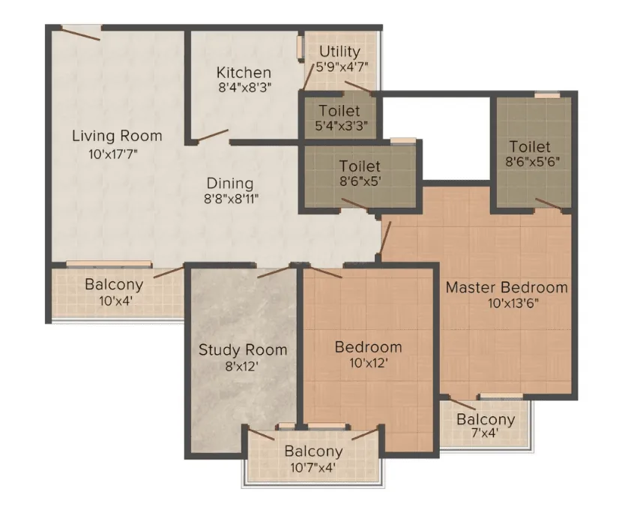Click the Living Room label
tap(117, 136)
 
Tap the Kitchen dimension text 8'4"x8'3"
tap(245, 88)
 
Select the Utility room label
tap(339, 52)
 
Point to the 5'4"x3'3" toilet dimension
tap(341, 126)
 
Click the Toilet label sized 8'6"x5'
tap(360, 166)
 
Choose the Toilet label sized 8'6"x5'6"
tap(530, 147)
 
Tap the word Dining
tap(230, 184)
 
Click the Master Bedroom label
tap(507, 287)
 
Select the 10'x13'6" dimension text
tap(513, 304)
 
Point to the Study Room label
tap(243, 349)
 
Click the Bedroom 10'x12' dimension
tap(369, 364)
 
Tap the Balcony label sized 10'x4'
tap(114, 284)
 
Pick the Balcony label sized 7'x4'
tap(486, 419)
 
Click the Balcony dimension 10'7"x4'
tap(313, 468)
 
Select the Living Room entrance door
tap(80, 33)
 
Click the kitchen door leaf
tap(211, 136)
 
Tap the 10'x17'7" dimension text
tap(113, 154)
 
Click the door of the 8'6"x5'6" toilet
tap(549, 204)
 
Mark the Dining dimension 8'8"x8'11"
tap(231, 199)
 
